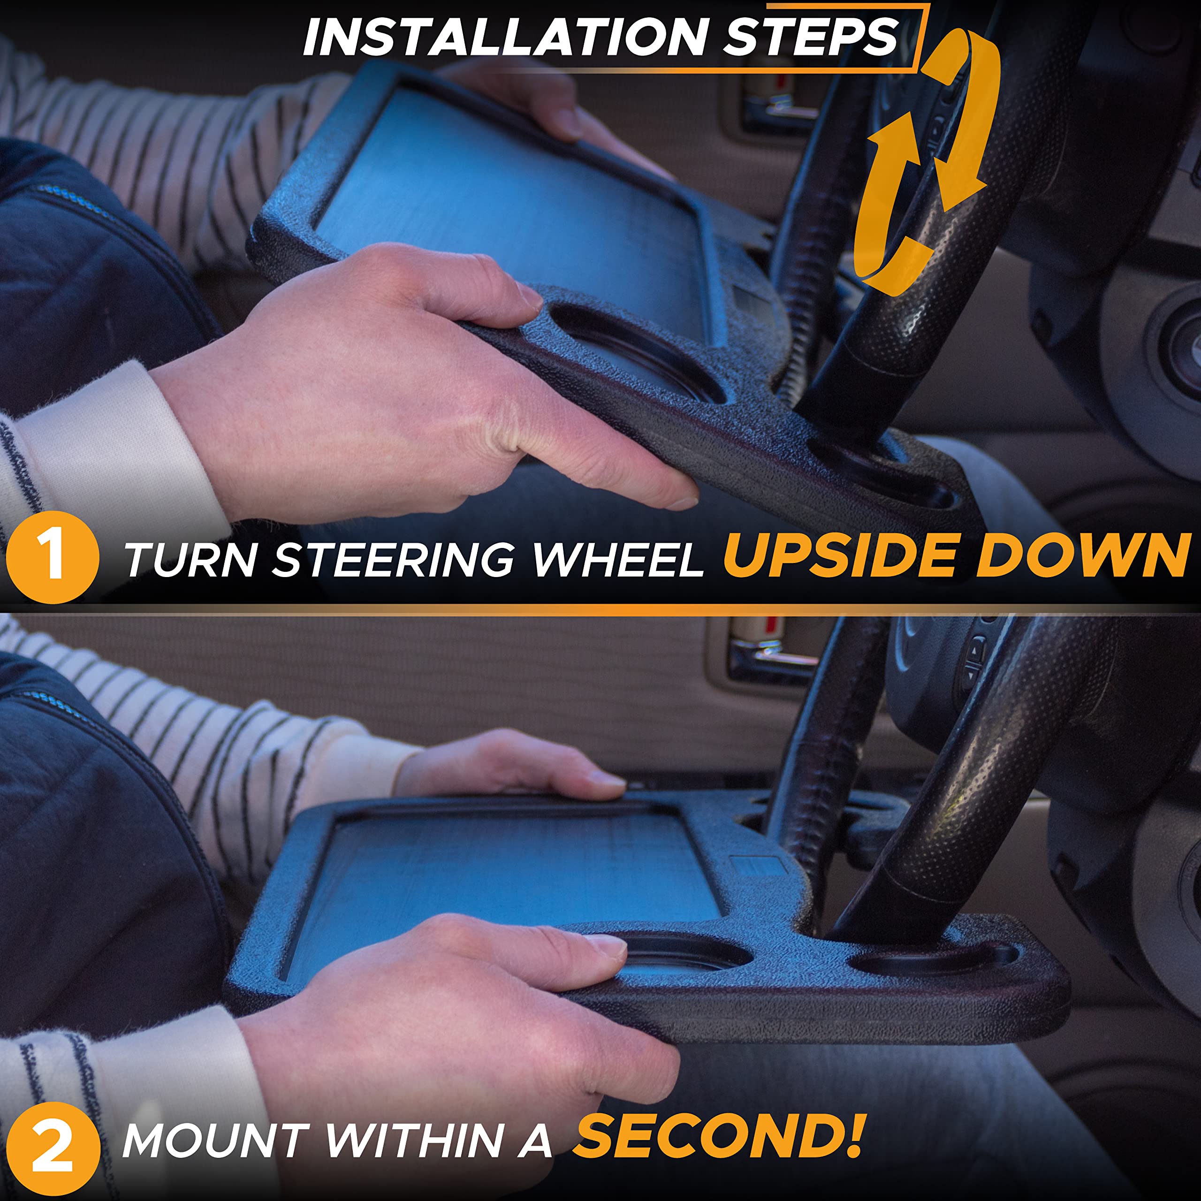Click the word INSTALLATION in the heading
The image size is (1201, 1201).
(504, 36)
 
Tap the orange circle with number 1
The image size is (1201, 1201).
(52, 557)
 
